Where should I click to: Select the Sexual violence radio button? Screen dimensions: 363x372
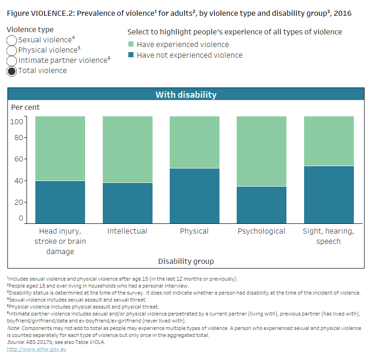tap(12, 40)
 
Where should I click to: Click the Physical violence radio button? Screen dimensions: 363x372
tap(12, 51)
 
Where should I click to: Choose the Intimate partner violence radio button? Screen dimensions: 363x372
tap(12, 61)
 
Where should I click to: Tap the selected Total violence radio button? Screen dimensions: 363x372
tap(12, 71)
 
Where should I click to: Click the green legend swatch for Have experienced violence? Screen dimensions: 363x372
tap(131, 45)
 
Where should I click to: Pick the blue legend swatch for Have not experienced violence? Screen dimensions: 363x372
tap(131, 55)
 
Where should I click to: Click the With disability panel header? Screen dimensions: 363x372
tap(186, 94)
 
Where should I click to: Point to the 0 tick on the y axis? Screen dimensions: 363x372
tap(20, 218)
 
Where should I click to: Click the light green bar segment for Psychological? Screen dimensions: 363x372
tap(261, 151)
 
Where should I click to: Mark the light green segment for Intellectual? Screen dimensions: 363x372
tap(127, 149)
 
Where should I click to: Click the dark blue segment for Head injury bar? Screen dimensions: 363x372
tap(60, 202)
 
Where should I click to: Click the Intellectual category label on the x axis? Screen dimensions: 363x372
tap(127, 231)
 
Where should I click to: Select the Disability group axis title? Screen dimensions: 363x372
tap(186, 261)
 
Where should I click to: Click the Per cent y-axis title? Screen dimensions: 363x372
tap(26, 108)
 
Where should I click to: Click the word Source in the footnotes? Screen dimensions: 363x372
tap(16, 342)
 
